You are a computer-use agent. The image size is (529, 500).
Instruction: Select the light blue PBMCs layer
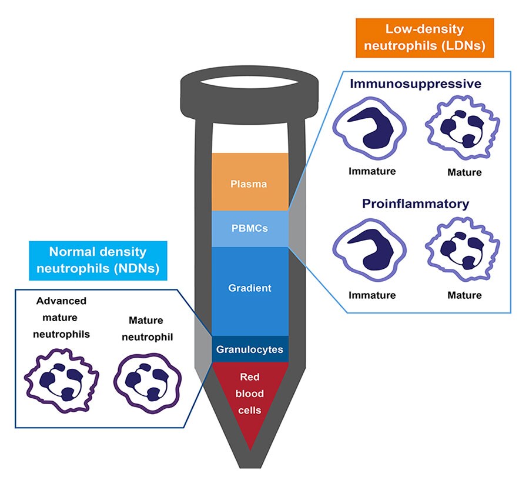(250, 228)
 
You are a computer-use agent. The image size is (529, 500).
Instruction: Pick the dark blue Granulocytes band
(250, 349)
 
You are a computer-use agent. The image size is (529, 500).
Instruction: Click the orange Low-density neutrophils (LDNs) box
(424, 38)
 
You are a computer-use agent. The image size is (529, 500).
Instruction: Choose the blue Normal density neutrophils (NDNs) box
(98, 260)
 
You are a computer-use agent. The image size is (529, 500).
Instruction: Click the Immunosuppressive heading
(416, 84)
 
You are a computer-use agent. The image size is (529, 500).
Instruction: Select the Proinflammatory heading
(416, 204)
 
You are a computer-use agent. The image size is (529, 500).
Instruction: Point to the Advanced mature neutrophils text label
(62, 318)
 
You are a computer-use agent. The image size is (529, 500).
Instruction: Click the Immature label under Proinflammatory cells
(371, 295)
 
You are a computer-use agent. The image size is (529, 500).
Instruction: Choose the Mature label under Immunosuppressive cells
(464, 172)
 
